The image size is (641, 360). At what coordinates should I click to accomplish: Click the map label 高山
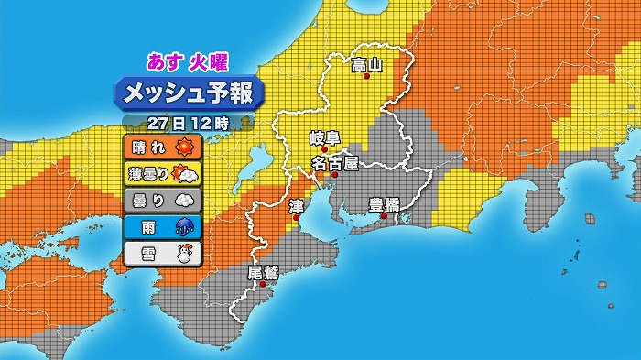pos(366,65)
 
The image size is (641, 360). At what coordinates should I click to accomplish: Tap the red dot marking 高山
pos(367,78)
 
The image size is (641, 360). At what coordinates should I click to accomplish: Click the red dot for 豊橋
pos(385,217)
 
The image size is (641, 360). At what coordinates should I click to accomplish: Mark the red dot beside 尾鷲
pos(263,284)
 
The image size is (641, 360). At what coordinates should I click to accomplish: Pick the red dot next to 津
pos(295,218)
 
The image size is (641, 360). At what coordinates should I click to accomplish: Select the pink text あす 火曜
pos(187,62)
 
